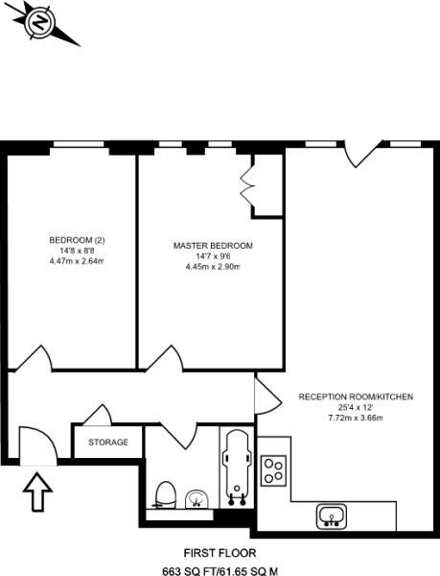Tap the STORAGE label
coord(108,442)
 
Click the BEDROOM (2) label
coord(77,240)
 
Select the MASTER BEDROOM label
coord(213,246)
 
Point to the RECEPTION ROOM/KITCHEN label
coord(356,396)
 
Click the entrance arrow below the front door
coord(37,492)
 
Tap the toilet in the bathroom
coord(165,495)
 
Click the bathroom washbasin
coord(197,499)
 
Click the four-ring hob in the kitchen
coord(273,471)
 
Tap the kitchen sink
coord(332,516)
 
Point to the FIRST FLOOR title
coord(220,553)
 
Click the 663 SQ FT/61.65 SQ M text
coord(220,571)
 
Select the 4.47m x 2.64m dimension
coord(77,261)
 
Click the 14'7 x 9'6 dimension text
coord(213,256)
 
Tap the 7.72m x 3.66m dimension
coord(356,418)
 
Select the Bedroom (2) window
coord(80,144)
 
